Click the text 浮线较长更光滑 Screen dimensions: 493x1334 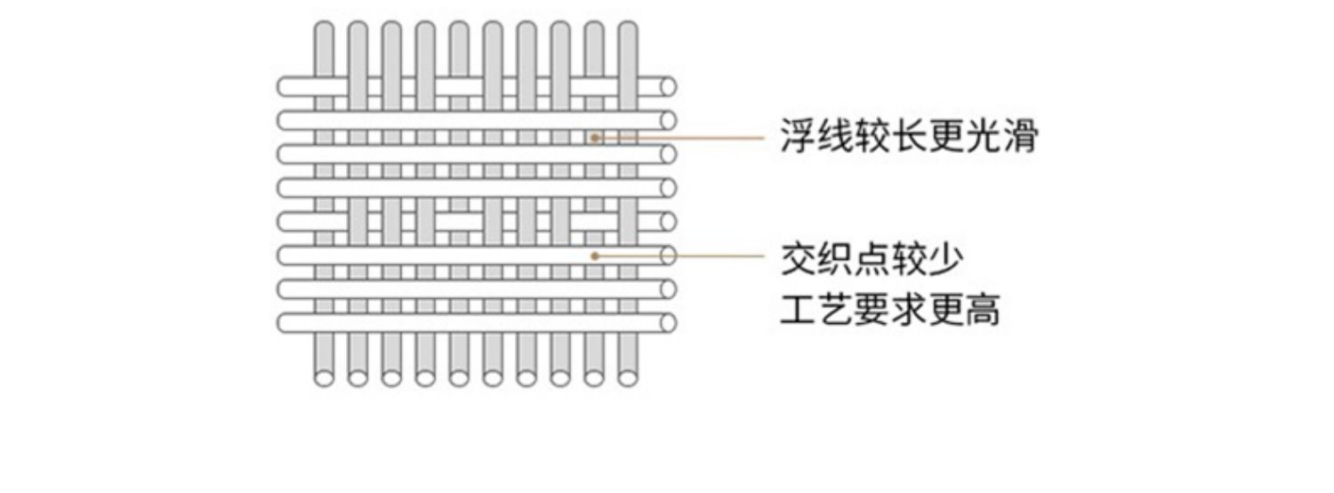point(909,138)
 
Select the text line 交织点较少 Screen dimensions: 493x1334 point(872,259)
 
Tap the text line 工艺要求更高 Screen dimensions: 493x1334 point(890,311)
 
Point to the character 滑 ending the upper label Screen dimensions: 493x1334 point(1020,138)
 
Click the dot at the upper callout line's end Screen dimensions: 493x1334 point(594,138)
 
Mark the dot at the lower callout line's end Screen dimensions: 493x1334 point(594,255)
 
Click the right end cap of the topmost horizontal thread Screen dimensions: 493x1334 point(668,86)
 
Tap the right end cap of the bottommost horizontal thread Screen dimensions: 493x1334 point(668,323)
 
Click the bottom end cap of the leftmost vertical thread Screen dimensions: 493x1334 point(325,378)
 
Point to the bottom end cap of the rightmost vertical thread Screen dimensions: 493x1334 point(628,378)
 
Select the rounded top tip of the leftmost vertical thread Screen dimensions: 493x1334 point(325,28)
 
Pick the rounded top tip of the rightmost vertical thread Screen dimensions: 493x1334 point(628,28)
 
